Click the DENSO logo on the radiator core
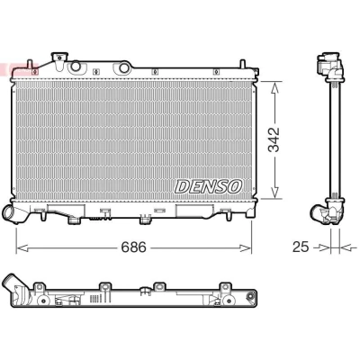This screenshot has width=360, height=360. pyautogui.click(x=208, y=186)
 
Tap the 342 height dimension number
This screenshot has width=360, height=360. pyautogui.click(x=274, y=139)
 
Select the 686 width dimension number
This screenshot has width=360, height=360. pyautogui.click(x=133, y=247)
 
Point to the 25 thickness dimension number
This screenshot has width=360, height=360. pyautogui.click(x=301, y=247)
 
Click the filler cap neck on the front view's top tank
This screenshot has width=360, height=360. pyautogui.click(x=59, y=61)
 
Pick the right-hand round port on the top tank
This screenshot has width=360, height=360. pyautogui.click(x=124, y=67)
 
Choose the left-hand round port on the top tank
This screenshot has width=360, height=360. pyautogui.click(x=75, y=67)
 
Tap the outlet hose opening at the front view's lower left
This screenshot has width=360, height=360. pyautogui.click(x=8, y=212)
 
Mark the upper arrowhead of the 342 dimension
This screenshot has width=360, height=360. pyautogui.click(x=274, y=88)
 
